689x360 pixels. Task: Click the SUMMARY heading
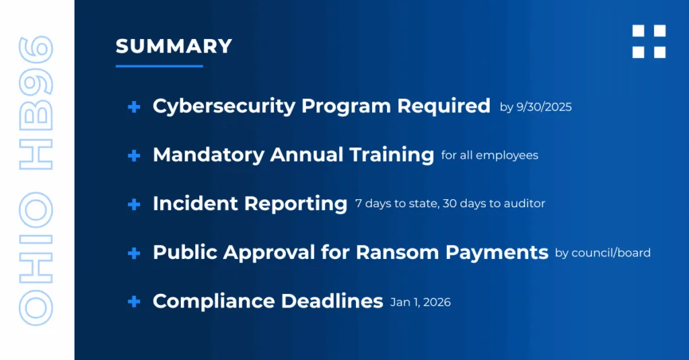point(174,46)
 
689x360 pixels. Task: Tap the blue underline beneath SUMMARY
point(159,66)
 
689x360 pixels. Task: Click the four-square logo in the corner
point(649,41)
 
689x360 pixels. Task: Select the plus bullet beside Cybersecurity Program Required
point(134,107)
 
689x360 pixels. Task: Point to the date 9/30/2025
point(544,107)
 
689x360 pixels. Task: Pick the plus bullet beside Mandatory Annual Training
point(134,155)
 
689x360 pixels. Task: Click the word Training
point(392,155)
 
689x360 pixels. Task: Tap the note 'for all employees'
point(490,155)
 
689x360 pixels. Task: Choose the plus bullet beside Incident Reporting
point(134,205)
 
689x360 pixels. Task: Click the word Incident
point(195,203)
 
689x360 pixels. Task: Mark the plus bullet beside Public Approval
point(134,253)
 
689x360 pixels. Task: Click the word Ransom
point(397,252)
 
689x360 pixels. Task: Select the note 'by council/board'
point(603,253)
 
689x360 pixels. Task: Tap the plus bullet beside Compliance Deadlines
point(134,301)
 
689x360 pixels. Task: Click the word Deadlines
point(332,301)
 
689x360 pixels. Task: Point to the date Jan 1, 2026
point(421,302)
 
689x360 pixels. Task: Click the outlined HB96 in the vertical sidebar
point(36,103)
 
